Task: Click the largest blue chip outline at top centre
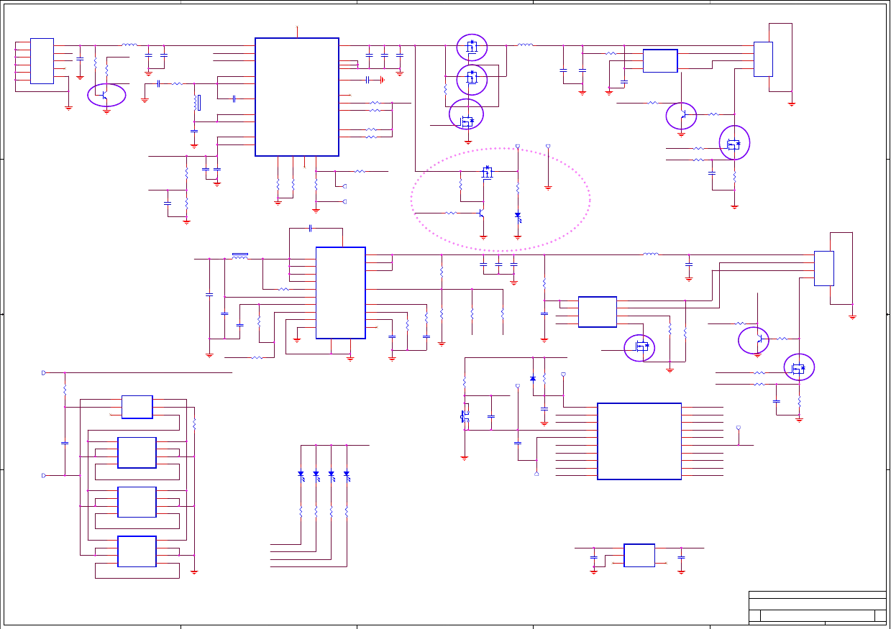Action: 296,96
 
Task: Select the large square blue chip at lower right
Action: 639,441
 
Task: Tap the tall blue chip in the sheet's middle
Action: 341,292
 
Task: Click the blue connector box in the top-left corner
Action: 42,61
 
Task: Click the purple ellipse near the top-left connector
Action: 106,94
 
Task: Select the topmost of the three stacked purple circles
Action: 472,47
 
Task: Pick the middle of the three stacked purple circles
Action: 472,79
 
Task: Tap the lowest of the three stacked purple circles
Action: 467,114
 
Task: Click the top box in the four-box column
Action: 137,406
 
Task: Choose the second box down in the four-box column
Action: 137,453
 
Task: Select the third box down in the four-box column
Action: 137,501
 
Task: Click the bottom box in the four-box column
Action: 137,552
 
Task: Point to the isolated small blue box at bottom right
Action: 639,555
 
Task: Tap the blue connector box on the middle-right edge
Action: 823,268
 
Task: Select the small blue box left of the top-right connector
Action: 659,61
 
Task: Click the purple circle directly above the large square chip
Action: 639,348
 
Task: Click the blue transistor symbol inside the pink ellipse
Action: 487,173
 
